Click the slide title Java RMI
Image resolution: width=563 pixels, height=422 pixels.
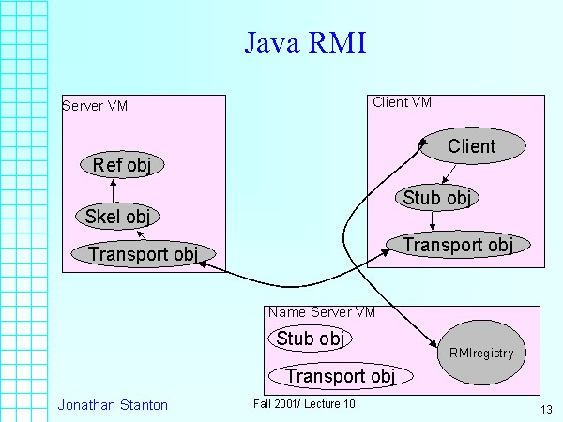point(305,44)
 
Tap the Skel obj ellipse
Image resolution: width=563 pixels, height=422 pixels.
point(116,217)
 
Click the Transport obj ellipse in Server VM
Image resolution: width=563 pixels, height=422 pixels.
point(143,253)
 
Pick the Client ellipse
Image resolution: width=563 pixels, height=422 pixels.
point(471,145)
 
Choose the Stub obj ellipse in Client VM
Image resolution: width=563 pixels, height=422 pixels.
point(435,198)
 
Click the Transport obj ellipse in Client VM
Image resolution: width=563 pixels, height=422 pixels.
point(458,245)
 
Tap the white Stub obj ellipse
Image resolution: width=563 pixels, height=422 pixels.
point(310,339)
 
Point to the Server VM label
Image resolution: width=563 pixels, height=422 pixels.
point(95,105)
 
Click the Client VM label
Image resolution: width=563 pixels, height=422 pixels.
point(402,102)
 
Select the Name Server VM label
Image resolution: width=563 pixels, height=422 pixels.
point(322,312)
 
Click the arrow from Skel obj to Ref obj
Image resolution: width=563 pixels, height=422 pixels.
point(113,190)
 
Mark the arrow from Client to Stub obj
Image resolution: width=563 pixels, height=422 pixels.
point(449,174)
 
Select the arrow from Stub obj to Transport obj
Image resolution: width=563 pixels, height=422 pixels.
point(432,221)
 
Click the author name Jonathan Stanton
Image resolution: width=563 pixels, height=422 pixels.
point(113,405)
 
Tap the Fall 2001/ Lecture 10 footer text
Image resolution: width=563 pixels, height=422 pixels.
point(304,403)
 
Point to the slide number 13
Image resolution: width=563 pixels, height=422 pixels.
point(546,410)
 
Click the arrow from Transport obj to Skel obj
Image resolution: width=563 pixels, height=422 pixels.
point(139,234)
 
